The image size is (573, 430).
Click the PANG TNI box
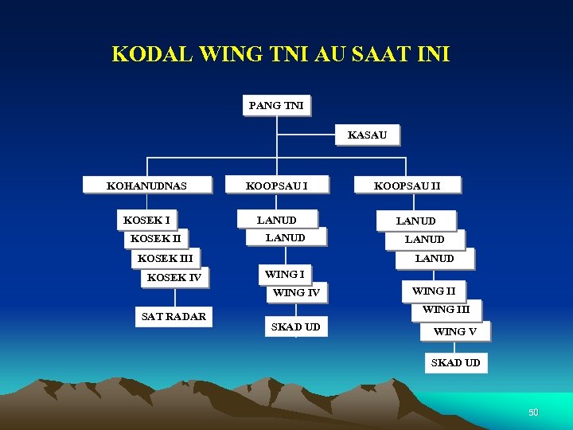click(276, 105)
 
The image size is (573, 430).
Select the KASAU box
click(367, 135)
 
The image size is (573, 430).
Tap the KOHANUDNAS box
click(147, 186)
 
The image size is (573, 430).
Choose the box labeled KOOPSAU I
click(276, 186)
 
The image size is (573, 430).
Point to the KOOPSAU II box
click(407, 186)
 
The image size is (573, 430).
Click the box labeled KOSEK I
click(146, 219)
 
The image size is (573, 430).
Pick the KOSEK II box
click(155, 238)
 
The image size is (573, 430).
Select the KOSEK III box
click(165, 258)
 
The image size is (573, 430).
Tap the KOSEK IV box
click(174, 277)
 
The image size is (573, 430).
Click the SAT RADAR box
click(173, 316)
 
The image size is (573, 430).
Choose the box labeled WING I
click(284, 274)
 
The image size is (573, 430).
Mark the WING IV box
click(296, 293)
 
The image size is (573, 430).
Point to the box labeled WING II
click(434, 291)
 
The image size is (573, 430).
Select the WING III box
click(446, 309)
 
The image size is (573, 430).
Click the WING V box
click(454, 331)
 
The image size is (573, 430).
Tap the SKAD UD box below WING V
click(455, 363)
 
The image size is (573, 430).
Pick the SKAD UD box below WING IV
click(296, 326)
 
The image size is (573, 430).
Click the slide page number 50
click(533, 412)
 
